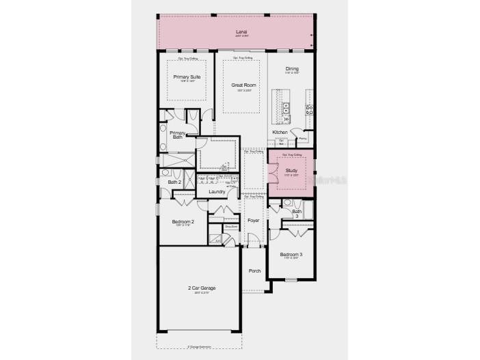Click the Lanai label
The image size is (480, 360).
point(241,31)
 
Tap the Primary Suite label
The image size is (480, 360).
point(186,77)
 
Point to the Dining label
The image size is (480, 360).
point(292,68)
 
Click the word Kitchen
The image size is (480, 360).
point(280,132)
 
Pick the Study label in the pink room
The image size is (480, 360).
point(291,171)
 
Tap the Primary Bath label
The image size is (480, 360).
point(177,135)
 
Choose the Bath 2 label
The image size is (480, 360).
point(174,182)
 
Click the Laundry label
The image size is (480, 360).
point(217,192)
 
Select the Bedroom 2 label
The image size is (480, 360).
point(183,222)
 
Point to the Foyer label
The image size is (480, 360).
point(253,221)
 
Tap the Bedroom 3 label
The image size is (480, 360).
point(291,254)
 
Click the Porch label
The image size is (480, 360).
point(254,271)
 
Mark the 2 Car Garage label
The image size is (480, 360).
point(202,288)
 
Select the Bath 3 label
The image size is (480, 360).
point(297,213)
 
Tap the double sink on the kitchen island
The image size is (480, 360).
point(286,109)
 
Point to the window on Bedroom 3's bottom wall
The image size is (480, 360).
point(291,279)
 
